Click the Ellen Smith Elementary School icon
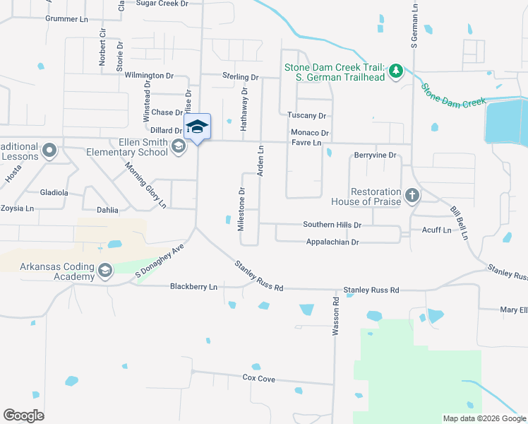tap(179, 146)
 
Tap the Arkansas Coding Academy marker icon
tap(105, 270)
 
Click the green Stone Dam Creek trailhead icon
tap(397, 71)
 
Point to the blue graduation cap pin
tap(198, 126)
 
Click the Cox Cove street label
tap(258, 379)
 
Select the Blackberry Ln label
tap(193, 287)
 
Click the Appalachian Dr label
tap(332, 242)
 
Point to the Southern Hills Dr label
tap(332, 225)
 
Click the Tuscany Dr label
tap(306, 115)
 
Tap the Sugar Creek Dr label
tap(162, 4)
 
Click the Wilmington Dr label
tap(149, 75)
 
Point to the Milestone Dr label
tap(241, 209)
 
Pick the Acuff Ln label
tap(436, 230)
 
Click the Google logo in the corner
tap(23, 415)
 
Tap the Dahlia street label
tap(107, 210)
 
